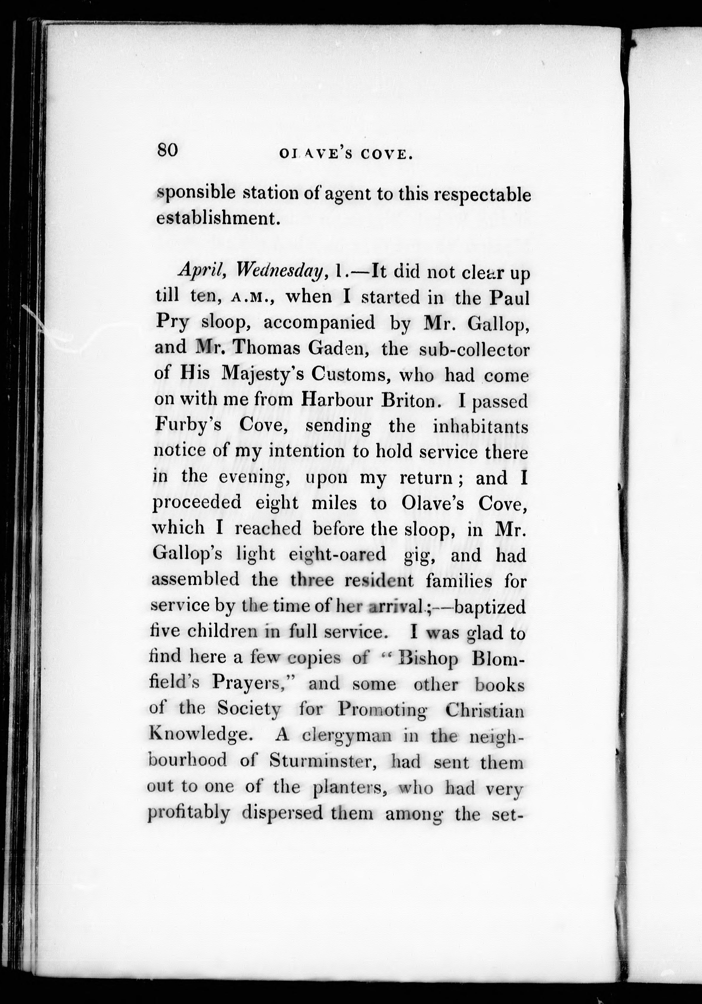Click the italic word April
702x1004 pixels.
(202, 272)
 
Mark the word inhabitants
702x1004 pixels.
(480, 426)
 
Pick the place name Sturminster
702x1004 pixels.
(320, 762)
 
